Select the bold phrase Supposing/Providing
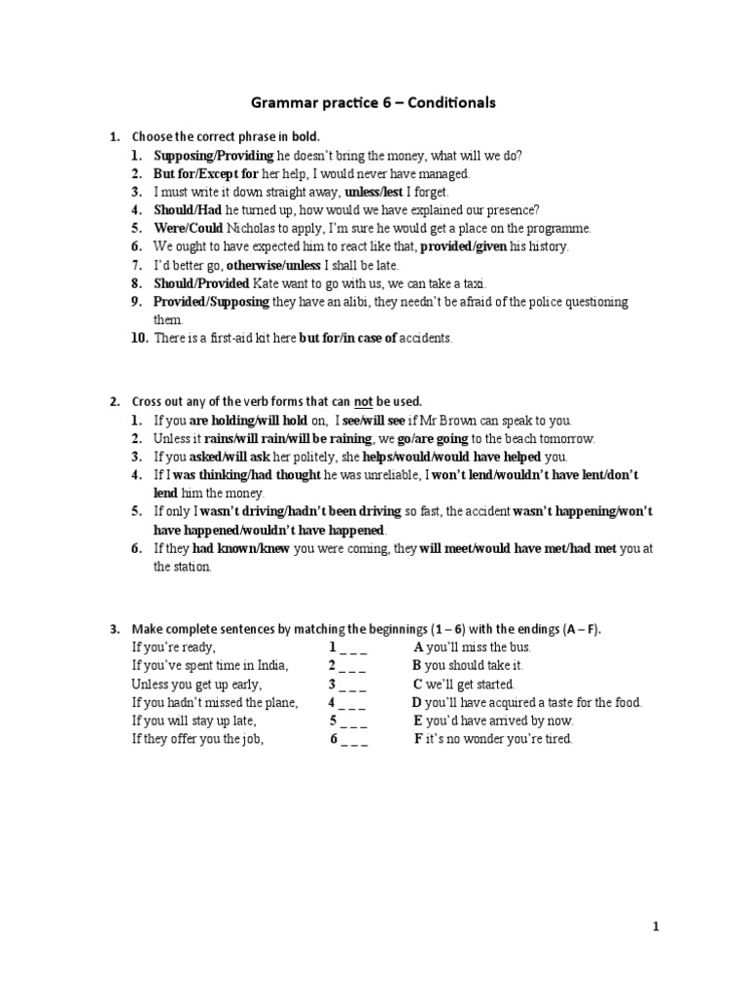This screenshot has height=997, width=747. pyautogui.click(x=213, y=156)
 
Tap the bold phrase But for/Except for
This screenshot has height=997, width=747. pyautogui.click(x=206, y=173)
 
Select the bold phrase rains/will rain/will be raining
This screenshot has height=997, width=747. pyautogui.click(x=284, y=438)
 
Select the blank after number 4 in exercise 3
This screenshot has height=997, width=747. pyautogui.click(x=353, y=702)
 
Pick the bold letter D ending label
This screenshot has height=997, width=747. pyautogui.click(x=416, y=702)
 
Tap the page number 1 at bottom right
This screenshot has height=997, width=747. pyautogui.click(x=656, y=927)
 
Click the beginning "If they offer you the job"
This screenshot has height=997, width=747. pyautogui.click(x=197, y=739)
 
